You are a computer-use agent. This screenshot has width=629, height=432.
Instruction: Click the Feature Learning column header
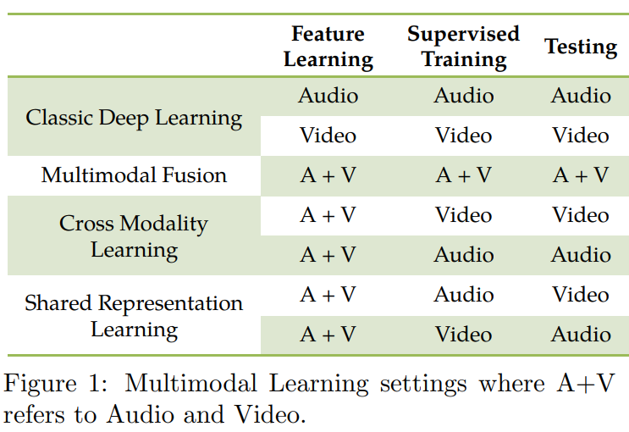(328, 47)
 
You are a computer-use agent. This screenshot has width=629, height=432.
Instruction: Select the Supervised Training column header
(463, 47)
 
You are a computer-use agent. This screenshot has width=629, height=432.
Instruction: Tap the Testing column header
(581, 47)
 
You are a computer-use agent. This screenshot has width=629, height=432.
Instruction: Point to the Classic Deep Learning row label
(134, 119)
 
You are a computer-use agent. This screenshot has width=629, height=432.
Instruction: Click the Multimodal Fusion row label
(134, 175)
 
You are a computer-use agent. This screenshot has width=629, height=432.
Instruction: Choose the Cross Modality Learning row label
(134, 236)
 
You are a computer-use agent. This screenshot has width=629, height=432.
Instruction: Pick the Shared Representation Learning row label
(134, 316)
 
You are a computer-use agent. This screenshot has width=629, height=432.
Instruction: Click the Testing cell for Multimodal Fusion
(581, 175)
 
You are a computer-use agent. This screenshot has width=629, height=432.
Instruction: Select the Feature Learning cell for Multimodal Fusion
(328, 175)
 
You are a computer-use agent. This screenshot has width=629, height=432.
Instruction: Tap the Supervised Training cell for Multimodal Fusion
(463, 175)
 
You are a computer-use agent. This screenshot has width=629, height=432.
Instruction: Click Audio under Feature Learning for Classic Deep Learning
(328, 96)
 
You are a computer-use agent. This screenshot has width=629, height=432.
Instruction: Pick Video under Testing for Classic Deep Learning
(581, 136)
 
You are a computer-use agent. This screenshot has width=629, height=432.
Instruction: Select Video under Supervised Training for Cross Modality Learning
(463, 215)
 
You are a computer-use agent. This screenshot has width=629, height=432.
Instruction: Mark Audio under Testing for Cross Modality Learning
(581, 255)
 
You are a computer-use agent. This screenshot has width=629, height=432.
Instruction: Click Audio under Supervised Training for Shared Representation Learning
(463, 294)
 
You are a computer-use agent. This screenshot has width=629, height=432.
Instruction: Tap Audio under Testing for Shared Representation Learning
(581, 334)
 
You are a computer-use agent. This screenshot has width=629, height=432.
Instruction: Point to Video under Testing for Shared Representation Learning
(581, 294)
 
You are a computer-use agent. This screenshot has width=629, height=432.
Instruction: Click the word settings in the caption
(423, 385)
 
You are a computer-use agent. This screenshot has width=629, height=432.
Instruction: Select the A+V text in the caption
(586, 383)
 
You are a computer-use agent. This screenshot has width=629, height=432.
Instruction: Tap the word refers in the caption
(34, 414)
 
